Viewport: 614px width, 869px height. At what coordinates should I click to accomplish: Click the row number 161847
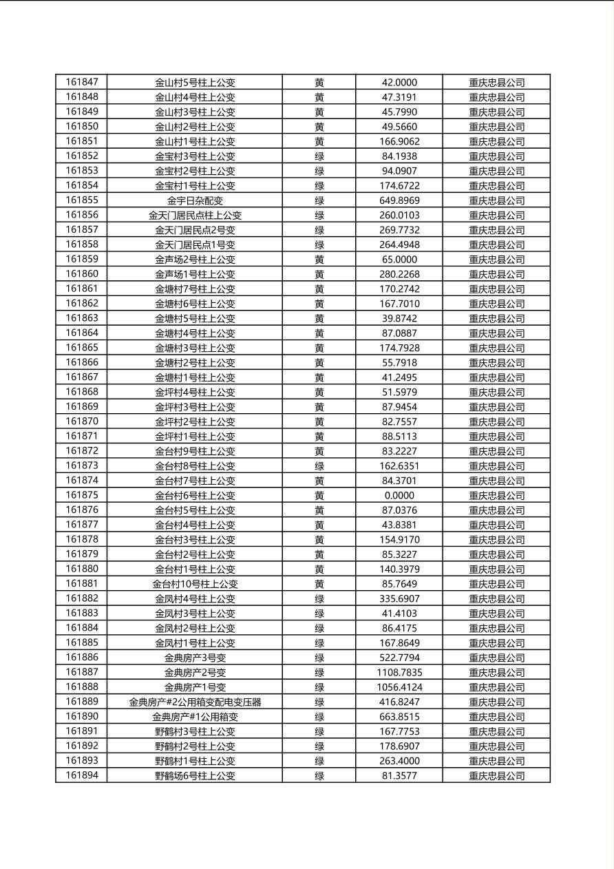pos(82,82)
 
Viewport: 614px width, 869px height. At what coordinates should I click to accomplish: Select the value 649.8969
pos(399,200)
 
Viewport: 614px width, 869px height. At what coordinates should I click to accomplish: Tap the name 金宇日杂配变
pos(195,200)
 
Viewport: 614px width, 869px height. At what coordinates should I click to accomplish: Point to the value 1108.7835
pos(399,672)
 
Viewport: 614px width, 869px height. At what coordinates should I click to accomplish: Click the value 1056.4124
pos(399,687)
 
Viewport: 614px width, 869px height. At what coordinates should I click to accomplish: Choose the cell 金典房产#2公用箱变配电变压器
pos(195,702)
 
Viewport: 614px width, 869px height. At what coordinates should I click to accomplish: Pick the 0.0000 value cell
pos(399,495)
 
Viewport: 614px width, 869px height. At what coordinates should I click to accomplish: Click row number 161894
pos(82,775)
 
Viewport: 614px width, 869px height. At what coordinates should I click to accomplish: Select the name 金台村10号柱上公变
pos(195,584)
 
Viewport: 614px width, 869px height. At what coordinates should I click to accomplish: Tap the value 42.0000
pos(399,82)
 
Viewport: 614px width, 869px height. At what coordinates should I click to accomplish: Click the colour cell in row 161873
pos(319,465)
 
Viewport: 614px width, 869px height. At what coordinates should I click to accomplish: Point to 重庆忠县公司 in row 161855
pos(496,200)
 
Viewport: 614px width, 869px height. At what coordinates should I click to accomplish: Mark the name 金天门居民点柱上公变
pos(195,215)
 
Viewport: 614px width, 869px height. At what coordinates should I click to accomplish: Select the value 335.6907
pos(399,598)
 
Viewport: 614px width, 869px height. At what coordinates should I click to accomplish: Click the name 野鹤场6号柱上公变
pos(195,775)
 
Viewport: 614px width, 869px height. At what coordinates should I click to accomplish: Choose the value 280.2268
pos(399,274)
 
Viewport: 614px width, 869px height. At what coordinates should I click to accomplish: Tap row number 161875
pos(82,495)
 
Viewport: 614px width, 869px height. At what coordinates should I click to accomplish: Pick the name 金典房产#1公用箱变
pos(195,717)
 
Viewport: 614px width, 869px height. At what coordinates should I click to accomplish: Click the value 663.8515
pos(399,717)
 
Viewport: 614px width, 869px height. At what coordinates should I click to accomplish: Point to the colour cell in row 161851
pos(319,141)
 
